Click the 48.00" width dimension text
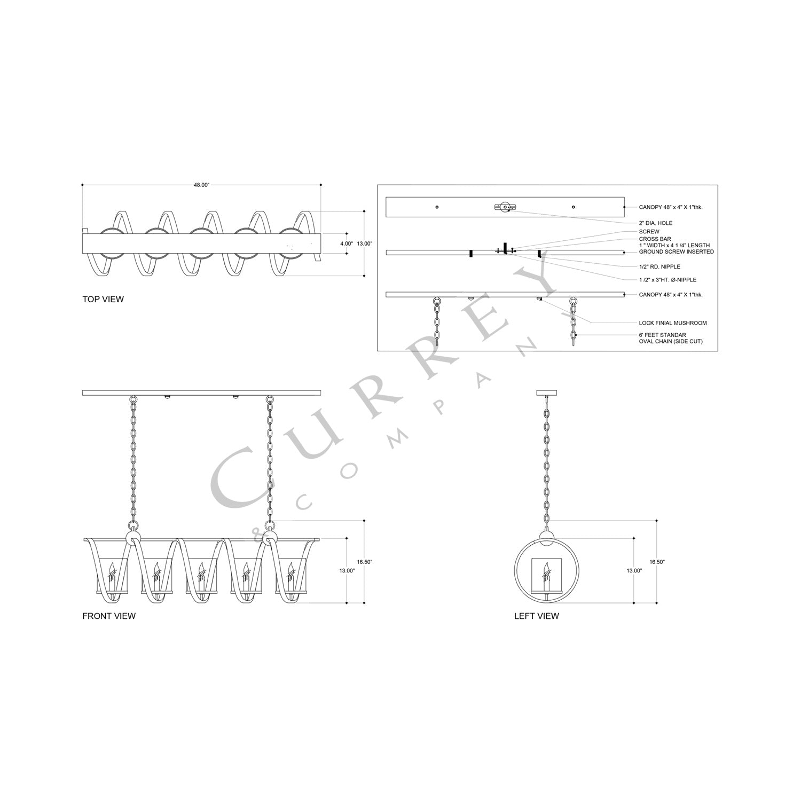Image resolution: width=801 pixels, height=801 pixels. (x=201, y=185)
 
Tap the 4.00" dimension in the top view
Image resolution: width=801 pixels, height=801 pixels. (x=346, y=244)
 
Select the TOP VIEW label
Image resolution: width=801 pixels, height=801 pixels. (x=103, y=299)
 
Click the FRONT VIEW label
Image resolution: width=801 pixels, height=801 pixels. (x=109, y=616)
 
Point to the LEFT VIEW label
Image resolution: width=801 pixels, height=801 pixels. (x=536, y=616)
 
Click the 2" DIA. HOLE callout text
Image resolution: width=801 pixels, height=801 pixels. (x=656, y=223)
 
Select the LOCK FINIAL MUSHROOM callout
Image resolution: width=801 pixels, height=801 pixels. (x=672, y=323)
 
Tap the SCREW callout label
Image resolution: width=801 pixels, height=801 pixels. (x=649, y=232)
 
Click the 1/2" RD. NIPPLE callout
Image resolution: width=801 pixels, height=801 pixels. (x=659, y=266)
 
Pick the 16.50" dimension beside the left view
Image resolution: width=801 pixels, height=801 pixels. (x=657, y=562)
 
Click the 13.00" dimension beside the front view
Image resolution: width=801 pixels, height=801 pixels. (x=347, y=570)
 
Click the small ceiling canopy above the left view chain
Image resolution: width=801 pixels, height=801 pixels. (x=547, y=394)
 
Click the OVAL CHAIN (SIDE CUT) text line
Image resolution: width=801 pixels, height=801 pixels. (x=670, y=341)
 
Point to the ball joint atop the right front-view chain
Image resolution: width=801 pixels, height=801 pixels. (x=270, y=537)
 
